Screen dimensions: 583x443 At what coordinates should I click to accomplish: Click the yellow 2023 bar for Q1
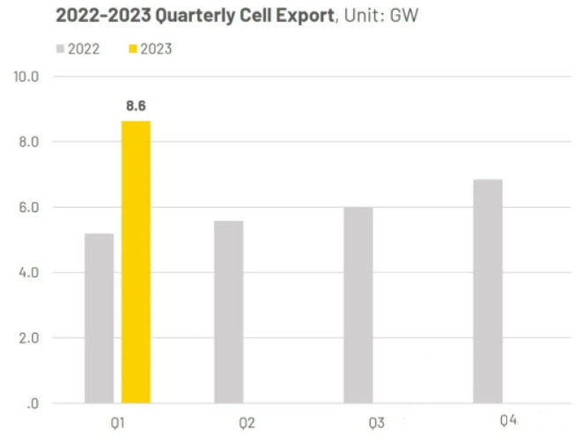tap(137, 262)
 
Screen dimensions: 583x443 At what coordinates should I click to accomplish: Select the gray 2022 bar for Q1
tap(100, 319)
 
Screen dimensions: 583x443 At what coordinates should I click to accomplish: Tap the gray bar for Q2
tap(229, 312)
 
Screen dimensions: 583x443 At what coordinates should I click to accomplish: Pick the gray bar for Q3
tap(358, 306)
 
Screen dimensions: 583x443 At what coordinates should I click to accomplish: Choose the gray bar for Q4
tap(488, 292)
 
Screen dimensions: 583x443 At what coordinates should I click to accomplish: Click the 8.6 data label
tap(137, 106)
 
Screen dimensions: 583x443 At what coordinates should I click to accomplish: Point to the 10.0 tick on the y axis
tap(26, 77)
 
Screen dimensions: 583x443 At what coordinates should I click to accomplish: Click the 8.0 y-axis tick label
tap(29, 142)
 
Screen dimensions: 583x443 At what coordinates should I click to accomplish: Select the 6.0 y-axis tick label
tap(29, 207)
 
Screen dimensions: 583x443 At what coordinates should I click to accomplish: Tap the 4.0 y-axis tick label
tap(29, 273)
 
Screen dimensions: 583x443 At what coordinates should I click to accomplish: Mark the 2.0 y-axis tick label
tap(29, 338)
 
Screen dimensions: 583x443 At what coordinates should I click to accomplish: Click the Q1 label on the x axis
tap(117, 423)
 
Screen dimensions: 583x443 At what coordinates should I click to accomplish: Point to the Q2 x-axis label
tap(247, 423)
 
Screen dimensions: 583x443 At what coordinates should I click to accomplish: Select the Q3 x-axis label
tap(377, 423)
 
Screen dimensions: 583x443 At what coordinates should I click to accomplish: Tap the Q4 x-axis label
tap(508, 421)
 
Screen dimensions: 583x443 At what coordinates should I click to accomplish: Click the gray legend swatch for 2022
tap(60, 48)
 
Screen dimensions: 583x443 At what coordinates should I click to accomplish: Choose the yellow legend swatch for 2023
tap(133, 48)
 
